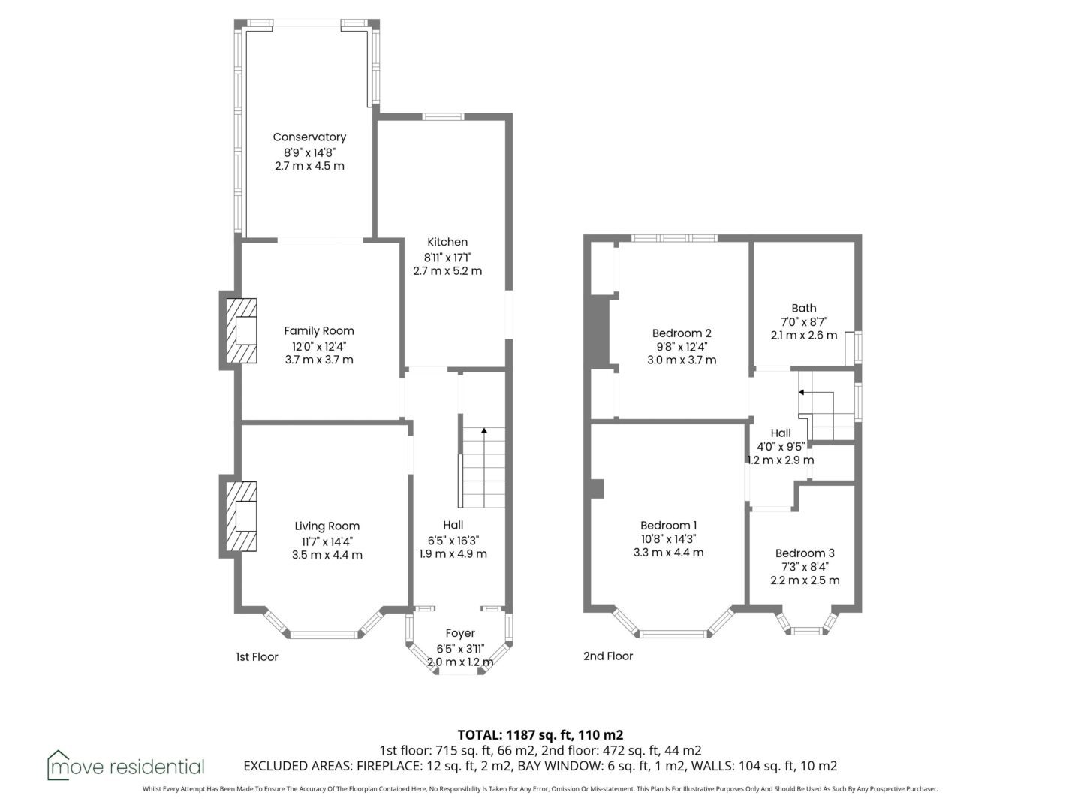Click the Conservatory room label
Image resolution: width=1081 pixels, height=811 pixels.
tap(309, 137)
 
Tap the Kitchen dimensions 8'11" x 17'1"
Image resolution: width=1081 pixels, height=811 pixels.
tap(447, 257)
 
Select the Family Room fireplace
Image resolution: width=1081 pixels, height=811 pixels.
tap(241, 331)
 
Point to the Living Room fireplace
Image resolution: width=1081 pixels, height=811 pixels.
tap(241, 516)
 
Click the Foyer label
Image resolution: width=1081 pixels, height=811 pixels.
tap(460, 633)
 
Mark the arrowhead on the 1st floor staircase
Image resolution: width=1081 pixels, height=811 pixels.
tap(484, 430)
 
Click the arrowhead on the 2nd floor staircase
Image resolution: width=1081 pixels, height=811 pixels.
tap(801, 393)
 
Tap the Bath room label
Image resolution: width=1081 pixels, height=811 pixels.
tap(804, 308)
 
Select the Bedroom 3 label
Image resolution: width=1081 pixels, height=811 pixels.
tap(805, 553)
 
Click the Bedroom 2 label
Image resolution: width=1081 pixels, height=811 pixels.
tap(682, 333)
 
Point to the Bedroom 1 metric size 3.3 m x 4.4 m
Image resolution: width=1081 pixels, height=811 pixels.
tap(668, 553)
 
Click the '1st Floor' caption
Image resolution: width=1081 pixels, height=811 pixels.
tap(257, 657)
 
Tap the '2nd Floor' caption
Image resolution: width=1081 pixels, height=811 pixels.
tap(608, 656)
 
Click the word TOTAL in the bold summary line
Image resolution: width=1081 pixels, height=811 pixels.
tap(479, 735)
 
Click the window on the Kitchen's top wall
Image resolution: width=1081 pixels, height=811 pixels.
tap(443, 116)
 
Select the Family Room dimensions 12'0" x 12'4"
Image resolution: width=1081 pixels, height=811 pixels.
tap(319, 346)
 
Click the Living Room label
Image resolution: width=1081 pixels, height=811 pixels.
tap(327, 526)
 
